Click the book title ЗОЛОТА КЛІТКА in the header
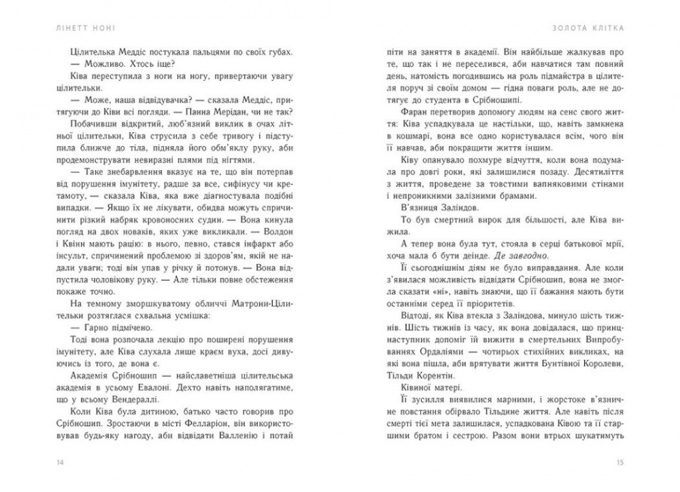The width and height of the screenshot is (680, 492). click(x=590, y=28)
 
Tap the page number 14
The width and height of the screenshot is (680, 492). click(x=61, y=463)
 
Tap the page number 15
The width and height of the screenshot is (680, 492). click(x=619, y=463)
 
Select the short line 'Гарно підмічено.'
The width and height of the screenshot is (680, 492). click(x=110, y=326)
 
